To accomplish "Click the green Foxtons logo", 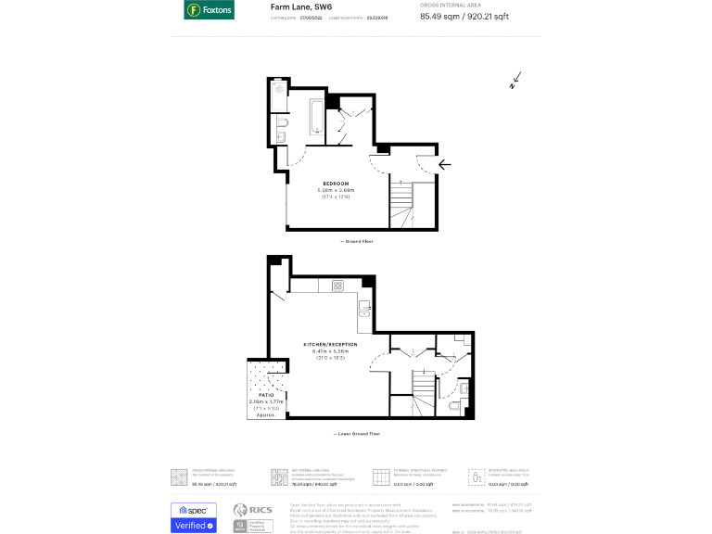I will click(209, 10).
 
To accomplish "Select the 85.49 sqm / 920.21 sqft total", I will click(477, 17).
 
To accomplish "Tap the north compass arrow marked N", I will click(515, 82).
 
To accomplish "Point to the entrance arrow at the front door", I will click(444, 165).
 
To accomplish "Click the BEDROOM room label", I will click(336, 184).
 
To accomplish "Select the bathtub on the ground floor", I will click(316, 119).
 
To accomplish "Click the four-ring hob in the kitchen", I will click(337, 285).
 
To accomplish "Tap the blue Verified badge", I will click(194, 526).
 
